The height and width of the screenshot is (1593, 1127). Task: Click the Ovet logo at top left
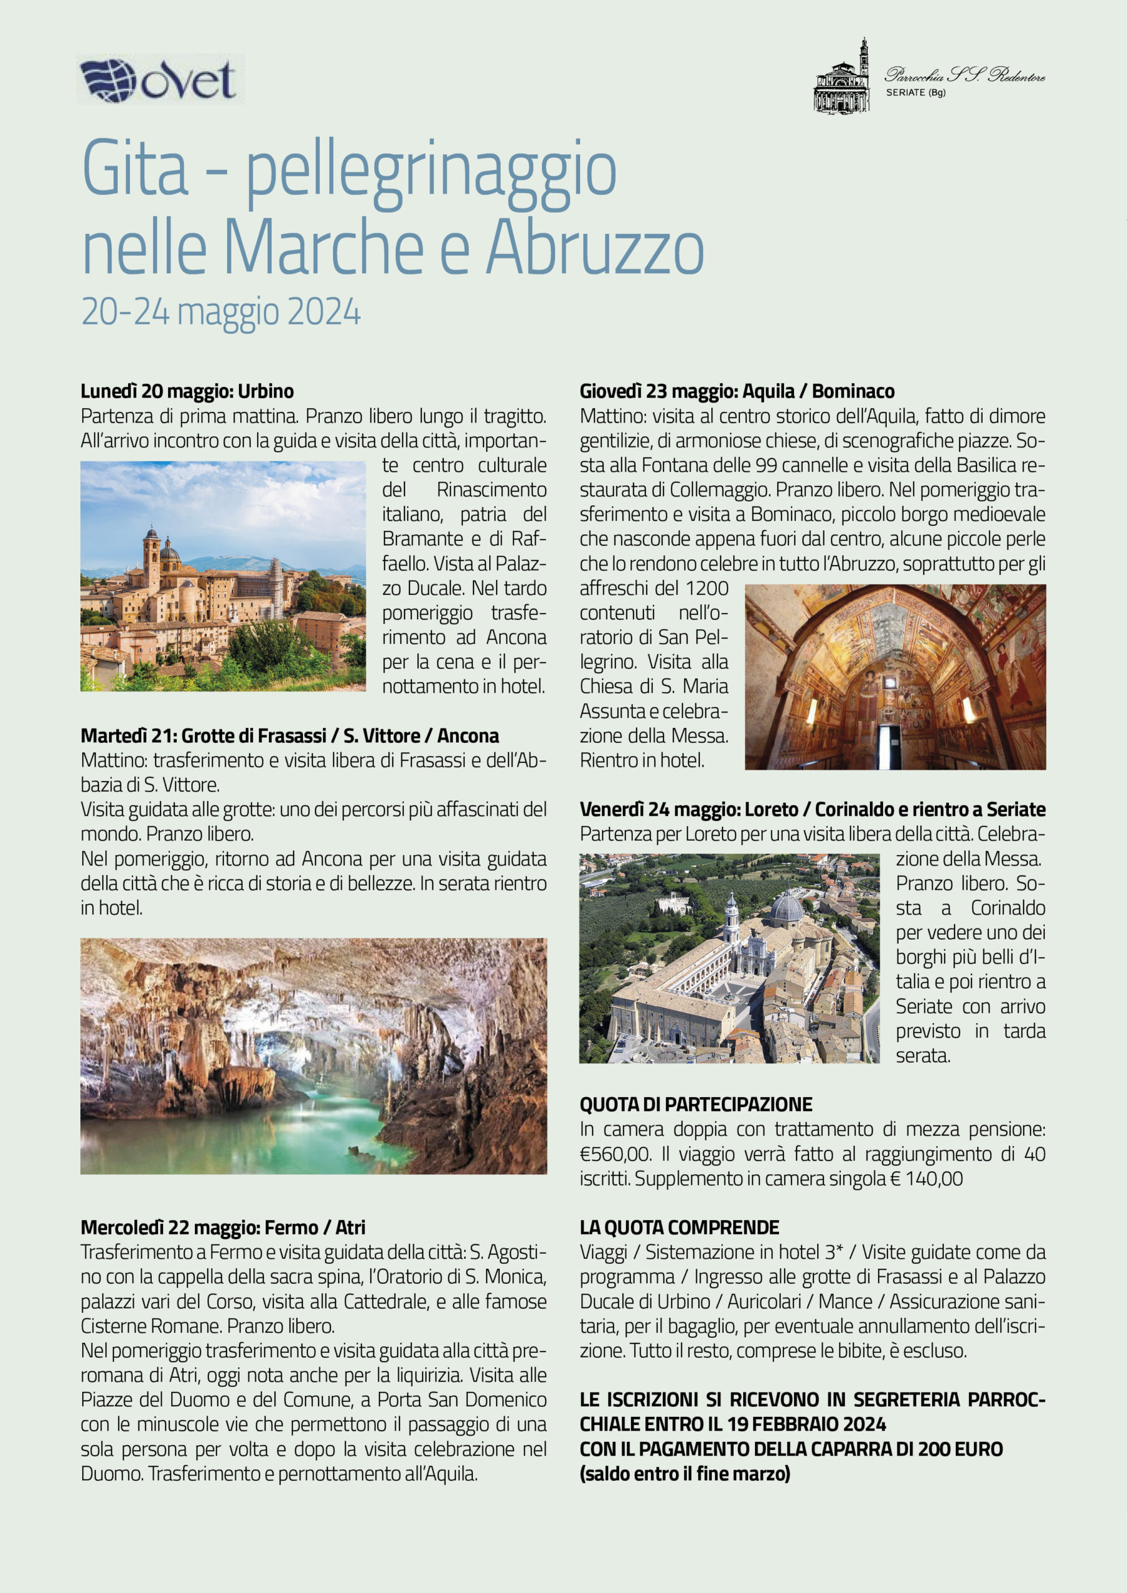click(x=159, y=80)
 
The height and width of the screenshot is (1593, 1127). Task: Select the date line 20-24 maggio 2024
click(x=221, y=312)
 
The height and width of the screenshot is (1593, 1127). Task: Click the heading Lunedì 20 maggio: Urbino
click(x=187, y=391)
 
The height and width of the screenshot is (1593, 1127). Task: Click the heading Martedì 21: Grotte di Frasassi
click(x=289, y=736)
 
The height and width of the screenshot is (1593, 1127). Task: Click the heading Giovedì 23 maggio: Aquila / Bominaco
click(x=737, y=391)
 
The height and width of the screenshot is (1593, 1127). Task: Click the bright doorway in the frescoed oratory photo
click(x=889, y=746)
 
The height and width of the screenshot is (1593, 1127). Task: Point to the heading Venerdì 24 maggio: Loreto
click(x=812, y=809)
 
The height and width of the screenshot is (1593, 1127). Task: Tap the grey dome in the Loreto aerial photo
click(x=787, y=906)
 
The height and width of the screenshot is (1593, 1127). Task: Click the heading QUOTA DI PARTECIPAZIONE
click(x=696, y=1105)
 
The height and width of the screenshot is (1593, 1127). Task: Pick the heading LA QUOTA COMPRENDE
click(x=679, y=1227)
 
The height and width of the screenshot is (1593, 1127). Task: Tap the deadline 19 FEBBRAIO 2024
click(x=807, y=1424)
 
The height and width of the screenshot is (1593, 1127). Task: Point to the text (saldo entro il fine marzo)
click(x=685, y=1474)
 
